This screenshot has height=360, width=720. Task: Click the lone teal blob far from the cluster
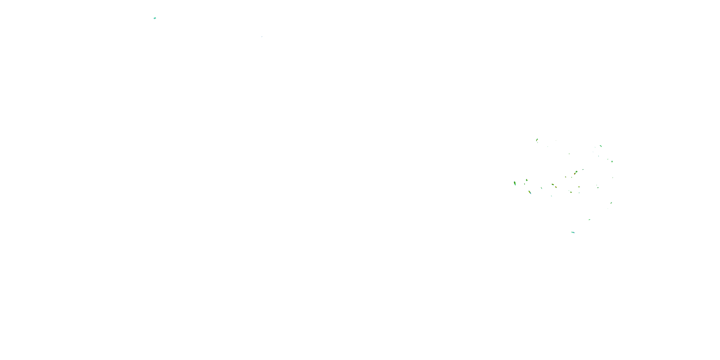click(x=155, y=18)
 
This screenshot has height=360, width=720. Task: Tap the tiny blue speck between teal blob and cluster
click(x=262, y=37)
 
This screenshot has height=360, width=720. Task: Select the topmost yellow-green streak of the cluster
click(x=537, y=140)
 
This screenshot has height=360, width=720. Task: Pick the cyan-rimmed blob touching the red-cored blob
click(x=577, y=172)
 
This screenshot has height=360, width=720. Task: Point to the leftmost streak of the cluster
click(x=515, y=183)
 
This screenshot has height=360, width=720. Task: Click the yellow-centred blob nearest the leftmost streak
click(x=527, y=180)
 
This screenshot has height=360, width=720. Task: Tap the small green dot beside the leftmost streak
click(x=525, y=184)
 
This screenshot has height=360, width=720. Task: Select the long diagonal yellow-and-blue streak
click(x=530, y=192)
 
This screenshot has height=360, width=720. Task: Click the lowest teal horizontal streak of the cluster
click(x=573, y=232)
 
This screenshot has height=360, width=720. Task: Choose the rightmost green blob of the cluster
click(x=612, y=161)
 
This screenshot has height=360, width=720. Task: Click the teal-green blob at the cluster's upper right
click(x=601, y=146)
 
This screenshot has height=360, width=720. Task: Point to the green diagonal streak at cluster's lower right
click(x=611, y=203)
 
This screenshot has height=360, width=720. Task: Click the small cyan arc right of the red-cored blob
click(x=583, y=169)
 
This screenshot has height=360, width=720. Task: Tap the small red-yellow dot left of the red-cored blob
click(x=565, y=177)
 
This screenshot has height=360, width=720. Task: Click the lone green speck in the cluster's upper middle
click(x=569, y=154)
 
